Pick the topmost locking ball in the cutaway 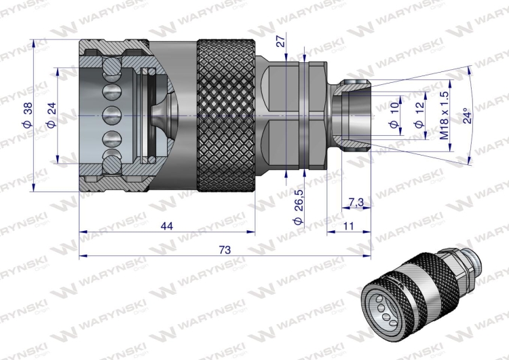(x=109, y=67)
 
